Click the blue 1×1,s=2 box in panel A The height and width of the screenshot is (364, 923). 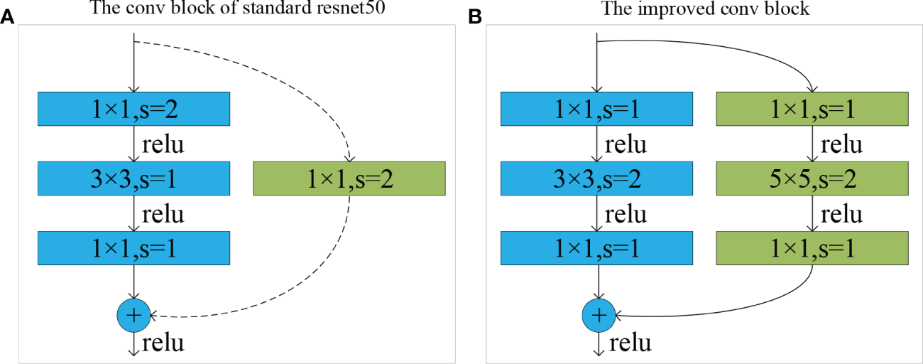pos(134,109)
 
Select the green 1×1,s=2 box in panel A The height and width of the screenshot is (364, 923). pos(349,178)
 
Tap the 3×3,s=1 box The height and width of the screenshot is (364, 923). pos(134,178)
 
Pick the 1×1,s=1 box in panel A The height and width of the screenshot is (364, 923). pos(134,248)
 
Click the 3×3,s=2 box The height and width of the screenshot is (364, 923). pos(597,178)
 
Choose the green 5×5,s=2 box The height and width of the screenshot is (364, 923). pos(813,178)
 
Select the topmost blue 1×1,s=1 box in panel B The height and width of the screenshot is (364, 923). pos(597,109)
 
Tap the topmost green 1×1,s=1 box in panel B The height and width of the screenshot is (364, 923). pos(813,109)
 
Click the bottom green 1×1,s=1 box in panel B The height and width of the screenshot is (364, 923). pos(813,248)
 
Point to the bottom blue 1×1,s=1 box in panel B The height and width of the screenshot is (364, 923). pos(597,248)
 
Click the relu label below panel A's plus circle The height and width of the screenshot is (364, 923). pos(163,343)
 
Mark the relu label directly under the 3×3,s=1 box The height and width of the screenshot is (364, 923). pos(163,213)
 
